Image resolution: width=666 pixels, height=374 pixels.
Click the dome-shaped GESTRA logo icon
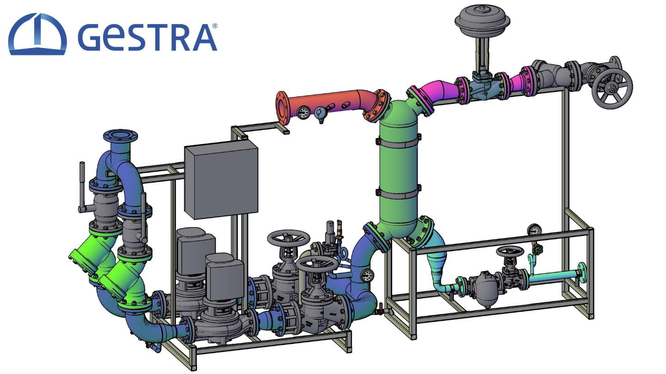37,34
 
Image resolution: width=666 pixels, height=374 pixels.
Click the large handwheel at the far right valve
612,90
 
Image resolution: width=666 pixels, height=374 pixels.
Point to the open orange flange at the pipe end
283,108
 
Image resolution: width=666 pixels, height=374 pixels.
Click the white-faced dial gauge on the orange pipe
304,112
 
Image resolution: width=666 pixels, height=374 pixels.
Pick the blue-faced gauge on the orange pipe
320,112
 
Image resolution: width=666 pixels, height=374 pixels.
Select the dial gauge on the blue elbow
367,275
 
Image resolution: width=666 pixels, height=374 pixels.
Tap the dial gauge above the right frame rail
535,229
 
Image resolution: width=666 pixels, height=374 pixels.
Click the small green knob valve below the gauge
537,249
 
